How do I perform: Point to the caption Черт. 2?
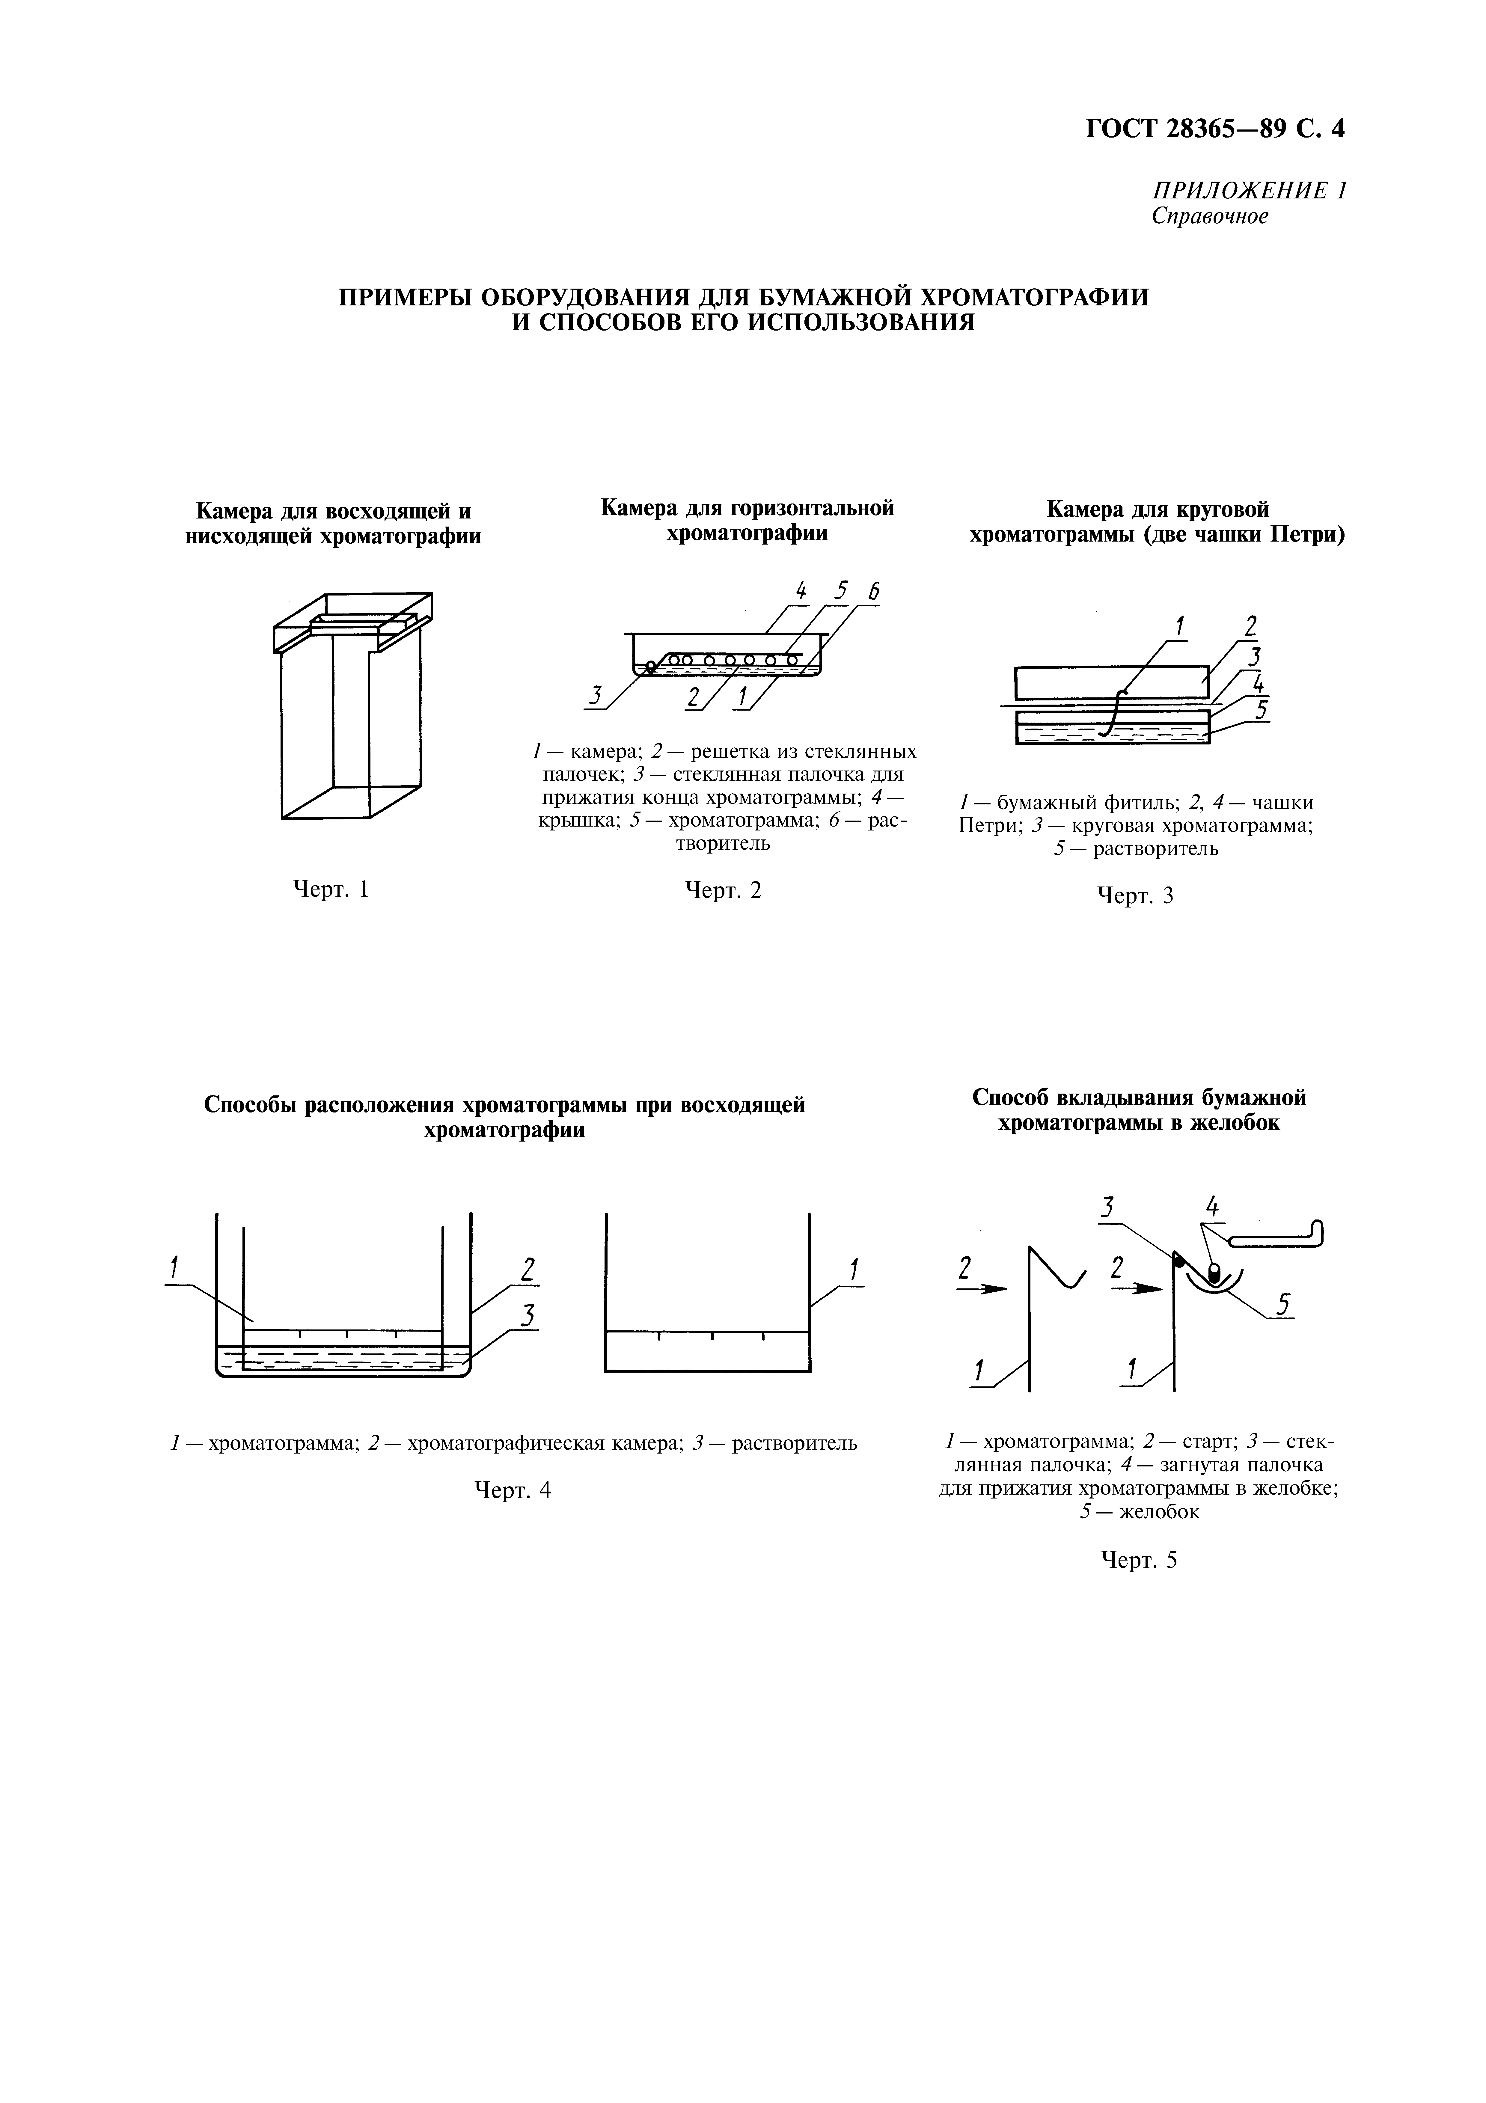(723, 890)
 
